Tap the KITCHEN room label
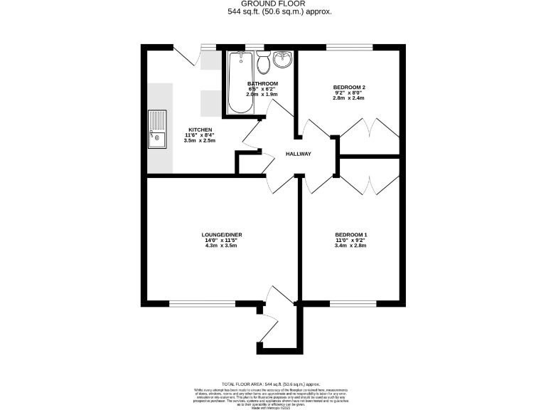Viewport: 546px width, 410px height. click(199, 129)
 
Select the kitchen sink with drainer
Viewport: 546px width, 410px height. click(156, 129)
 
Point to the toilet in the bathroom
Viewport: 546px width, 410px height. click(262, 62)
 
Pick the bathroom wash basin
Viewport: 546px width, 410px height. click(283, 59)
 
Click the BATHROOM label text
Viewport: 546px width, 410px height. click(262, 83)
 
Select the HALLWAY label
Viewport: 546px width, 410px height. click(299, 154)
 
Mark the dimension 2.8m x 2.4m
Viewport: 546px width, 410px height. click(349, 98)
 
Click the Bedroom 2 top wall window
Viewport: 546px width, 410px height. click(349, 47)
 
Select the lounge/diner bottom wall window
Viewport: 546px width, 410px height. click(203, 303)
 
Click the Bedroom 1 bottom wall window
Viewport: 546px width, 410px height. click(353, 303)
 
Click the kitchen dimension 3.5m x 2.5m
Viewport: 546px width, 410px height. click(199, 140)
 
